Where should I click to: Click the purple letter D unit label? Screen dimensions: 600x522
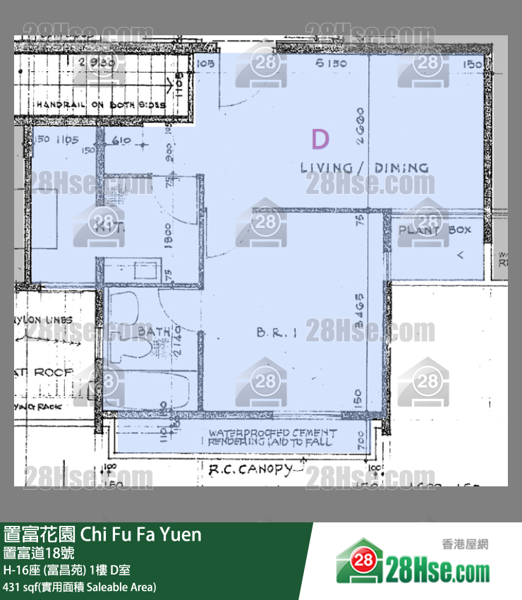click(x=320, y=140)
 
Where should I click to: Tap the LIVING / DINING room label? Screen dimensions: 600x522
click(x=364, y=168)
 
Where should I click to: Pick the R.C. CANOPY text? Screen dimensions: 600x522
click(x=250, y=469)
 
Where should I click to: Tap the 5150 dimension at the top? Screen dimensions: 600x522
click(x=333, y=64)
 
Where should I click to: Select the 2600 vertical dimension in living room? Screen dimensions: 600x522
click(x=360, y=126)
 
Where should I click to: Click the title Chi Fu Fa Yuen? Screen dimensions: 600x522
click(x=103, y=534)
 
